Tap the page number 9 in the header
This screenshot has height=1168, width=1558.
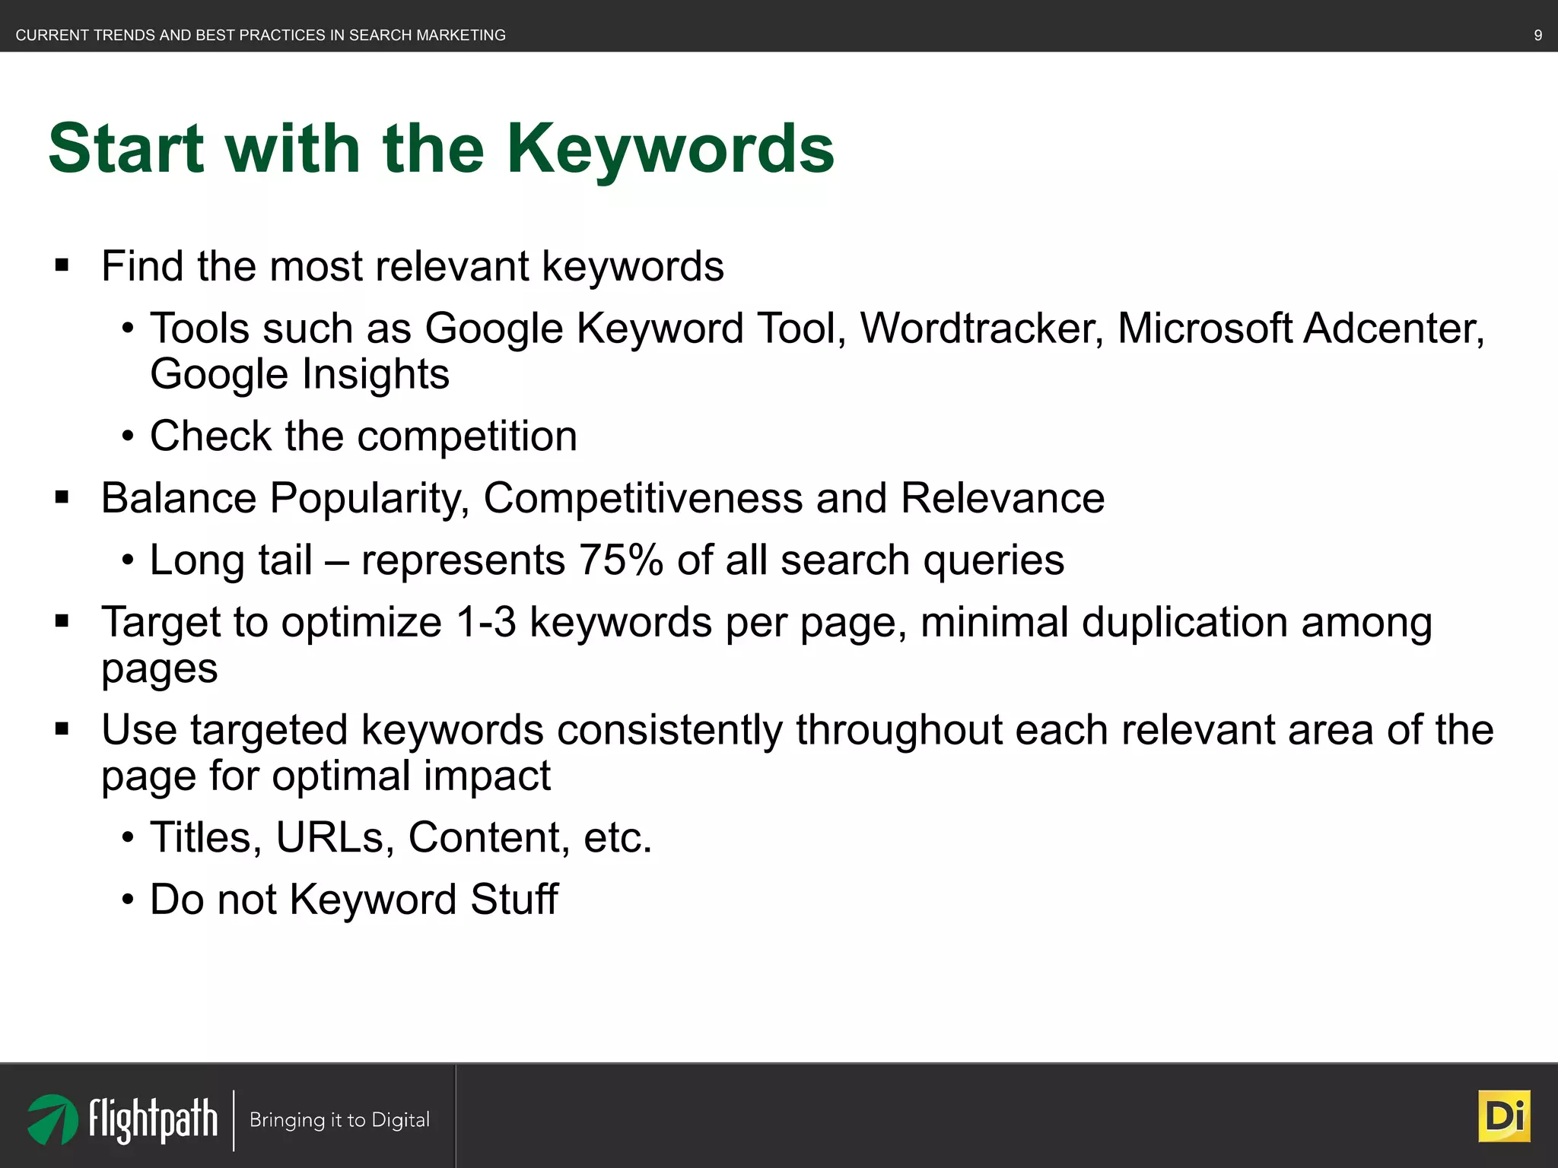coord(1537,35)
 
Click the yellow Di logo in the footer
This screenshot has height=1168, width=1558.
coord(1504,1116)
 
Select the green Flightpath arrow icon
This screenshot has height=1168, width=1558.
coord(52,1119)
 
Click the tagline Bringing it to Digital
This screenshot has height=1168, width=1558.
coord(339,1120)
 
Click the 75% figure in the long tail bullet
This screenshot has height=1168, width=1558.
coord(621,560)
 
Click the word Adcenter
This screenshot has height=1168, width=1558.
coord(1394,328)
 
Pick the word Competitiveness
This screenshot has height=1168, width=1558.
coord(643,498)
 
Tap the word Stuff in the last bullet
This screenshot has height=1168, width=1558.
coord(514,900)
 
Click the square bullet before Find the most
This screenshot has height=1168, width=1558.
coord(62,266)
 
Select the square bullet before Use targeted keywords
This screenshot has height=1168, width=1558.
coord(62,730)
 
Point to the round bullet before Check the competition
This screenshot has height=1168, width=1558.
coord(128,437)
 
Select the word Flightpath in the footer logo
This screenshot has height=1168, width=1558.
coord(153,1119)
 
